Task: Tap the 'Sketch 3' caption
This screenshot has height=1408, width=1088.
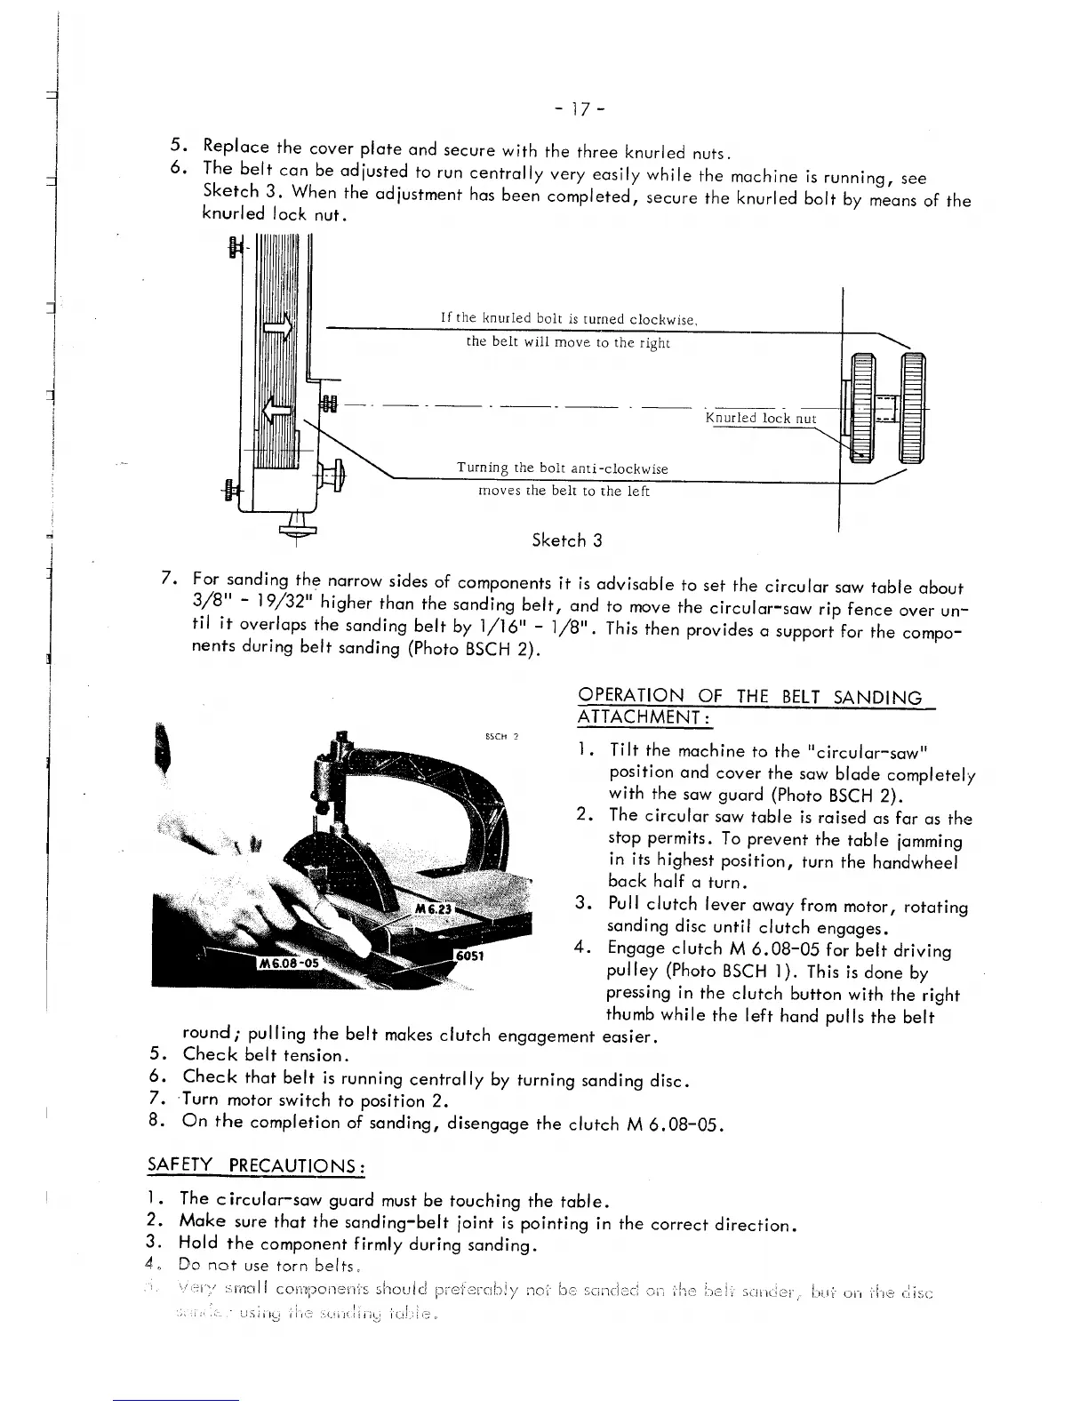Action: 566,540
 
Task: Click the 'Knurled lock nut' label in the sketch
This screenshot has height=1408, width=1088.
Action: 760,418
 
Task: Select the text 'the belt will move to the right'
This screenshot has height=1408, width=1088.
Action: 568,342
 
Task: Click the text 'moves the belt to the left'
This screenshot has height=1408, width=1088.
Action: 564,491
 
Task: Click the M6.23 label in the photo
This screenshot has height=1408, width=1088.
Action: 434,909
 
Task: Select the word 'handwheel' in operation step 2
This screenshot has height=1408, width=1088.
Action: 924,861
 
